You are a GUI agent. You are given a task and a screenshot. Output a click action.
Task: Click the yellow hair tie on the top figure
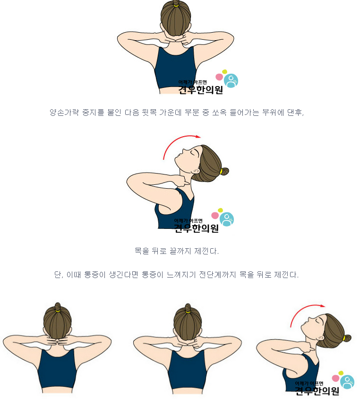(176, 5)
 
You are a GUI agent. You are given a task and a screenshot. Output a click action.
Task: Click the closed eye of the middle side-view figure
(193, 152)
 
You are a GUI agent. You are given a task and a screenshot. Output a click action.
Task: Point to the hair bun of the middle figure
(224, 171)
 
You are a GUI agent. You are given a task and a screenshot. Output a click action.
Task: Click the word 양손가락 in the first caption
(64, 112)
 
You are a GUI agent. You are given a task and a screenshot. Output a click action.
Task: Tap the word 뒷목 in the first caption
(149, 112)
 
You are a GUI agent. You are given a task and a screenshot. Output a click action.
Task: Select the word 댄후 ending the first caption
(295, 112)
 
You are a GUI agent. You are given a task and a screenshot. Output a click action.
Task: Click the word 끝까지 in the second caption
(180, 251)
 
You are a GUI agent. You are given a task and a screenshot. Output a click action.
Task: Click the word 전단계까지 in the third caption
(217, 275)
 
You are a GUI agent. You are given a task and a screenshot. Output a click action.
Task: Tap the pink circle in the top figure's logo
(219, 77)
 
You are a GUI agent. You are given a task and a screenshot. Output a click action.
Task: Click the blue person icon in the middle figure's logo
(227, 219)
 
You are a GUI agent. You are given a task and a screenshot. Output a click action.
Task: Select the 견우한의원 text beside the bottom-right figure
(317, 391)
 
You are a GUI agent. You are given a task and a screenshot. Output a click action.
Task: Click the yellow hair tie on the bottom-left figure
(58, 311)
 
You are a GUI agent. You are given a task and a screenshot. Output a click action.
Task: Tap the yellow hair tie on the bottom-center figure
(188, 312)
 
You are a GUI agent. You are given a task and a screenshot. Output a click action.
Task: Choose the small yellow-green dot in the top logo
(224, 72)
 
